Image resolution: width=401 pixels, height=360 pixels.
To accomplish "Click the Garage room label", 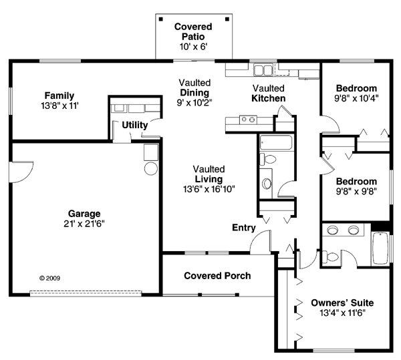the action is [84, 214].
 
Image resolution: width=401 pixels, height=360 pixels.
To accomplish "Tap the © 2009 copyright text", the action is [50, 278].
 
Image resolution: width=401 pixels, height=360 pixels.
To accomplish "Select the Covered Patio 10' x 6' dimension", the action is [193, 47].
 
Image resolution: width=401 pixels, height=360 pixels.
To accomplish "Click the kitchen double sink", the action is [263, 70].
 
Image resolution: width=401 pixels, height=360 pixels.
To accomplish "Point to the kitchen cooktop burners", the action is [248, 120].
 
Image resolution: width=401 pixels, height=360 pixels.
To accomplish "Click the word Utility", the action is [135, 125].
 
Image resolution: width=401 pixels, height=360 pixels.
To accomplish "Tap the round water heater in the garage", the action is [151, 168].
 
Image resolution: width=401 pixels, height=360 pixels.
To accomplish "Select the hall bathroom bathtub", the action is [276, 142].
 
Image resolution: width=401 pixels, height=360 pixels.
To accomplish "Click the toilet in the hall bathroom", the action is [268, 160].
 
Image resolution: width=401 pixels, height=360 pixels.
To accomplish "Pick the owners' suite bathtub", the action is [381, 248].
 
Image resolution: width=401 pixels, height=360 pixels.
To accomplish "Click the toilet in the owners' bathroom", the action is [330, 256].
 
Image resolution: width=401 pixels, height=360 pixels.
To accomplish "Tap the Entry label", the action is [244, 227].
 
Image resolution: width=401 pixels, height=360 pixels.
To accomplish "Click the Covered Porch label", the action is [217, 276].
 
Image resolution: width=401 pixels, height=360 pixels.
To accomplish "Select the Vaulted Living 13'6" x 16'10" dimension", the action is [209, 189].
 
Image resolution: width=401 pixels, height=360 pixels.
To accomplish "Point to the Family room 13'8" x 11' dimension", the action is [59, 106].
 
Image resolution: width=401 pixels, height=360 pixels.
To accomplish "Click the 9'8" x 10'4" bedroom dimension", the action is [356, 98].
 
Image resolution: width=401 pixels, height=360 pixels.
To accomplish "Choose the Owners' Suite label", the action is [342, 303].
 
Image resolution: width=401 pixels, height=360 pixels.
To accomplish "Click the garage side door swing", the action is [22, 172].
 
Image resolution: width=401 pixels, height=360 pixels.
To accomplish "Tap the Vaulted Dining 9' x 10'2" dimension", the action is [194, 103].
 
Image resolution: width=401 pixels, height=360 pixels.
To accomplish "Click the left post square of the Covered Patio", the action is [161, 19].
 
